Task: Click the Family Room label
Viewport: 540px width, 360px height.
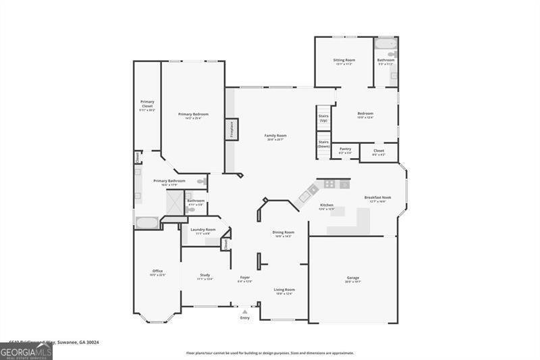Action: (x=277, y=136)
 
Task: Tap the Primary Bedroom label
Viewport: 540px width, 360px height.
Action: (x=193, y=115)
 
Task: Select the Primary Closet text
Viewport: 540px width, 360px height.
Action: (x=146, y=105)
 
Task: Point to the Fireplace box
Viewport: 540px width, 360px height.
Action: (x=232, y=128)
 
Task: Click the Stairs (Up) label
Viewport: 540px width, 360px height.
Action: (x=323, y=118)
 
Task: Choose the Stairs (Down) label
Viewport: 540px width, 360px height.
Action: (x=323, y=143)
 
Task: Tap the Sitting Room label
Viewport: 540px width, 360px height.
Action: (x=344, y=60)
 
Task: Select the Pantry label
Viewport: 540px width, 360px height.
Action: (x=345, y=149)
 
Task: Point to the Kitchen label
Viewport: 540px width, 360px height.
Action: (x=327, y=205)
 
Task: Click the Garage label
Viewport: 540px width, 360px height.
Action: (x=352, y=278)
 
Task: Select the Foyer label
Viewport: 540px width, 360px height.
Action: (x=244, y=278)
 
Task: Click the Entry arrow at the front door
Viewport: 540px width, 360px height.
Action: (x=244, y=312)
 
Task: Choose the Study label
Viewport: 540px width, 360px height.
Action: (x=205, y=275)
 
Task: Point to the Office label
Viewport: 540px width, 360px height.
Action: (x=157, y=272)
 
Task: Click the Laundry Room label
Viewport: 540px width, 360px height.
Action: (x=202, y=230)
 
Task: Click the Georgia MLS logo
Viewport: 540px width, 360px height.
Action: (x=26, y=351)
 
